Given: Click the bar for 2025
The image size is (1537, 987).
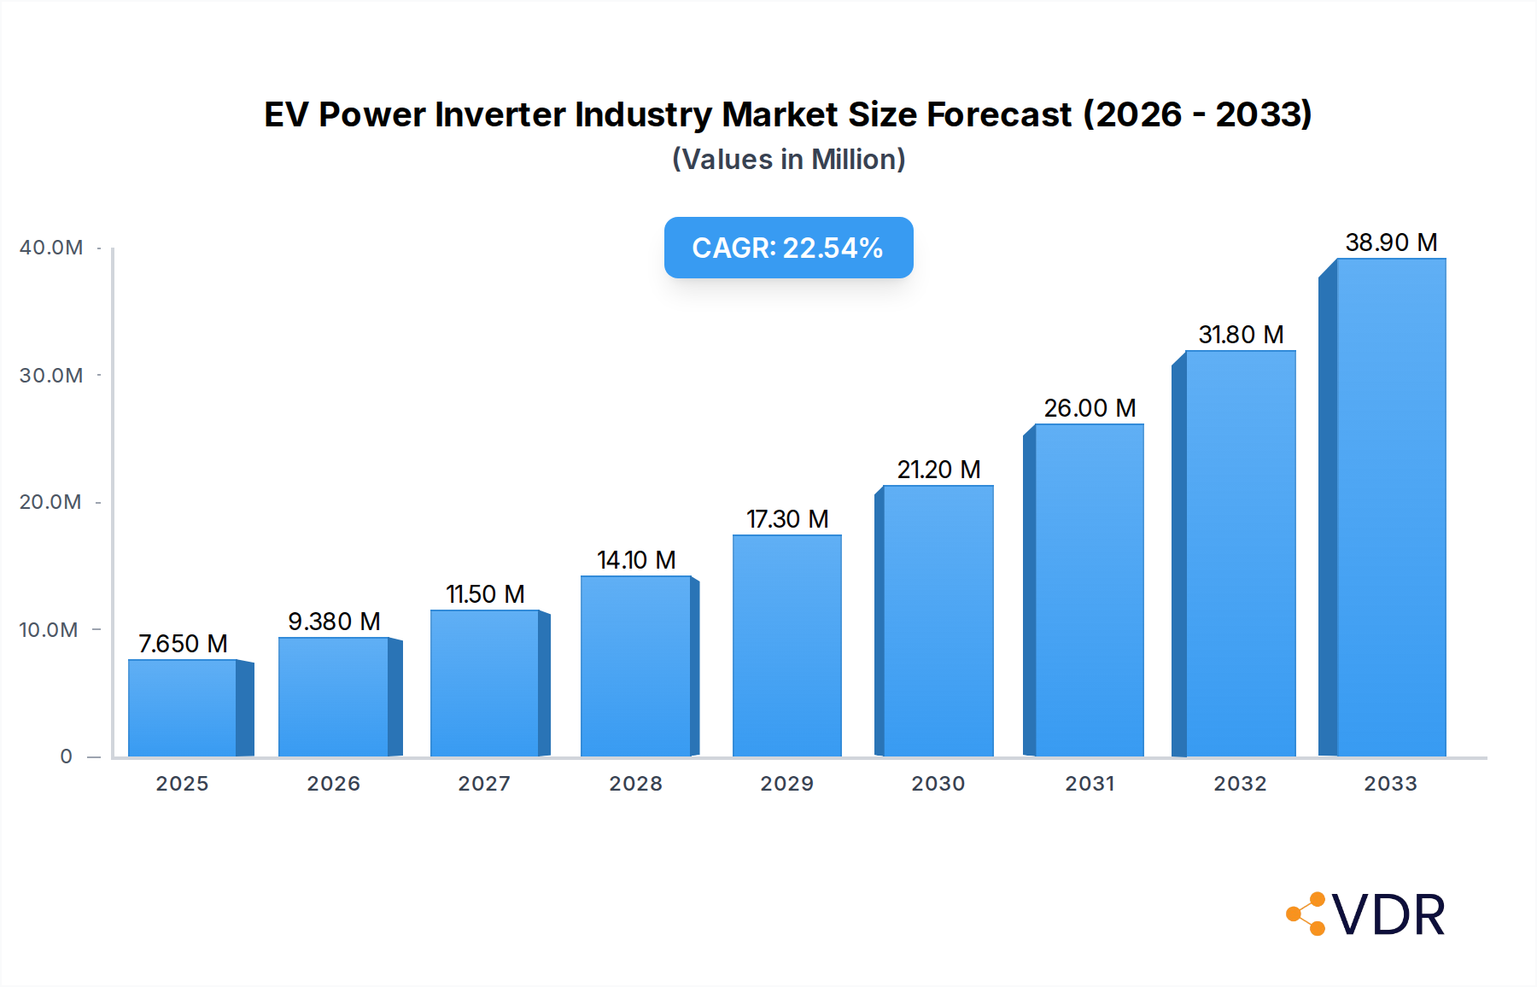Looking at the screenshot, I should click(183, 708).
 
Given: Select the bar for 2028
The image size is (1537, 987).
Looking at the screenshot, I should click(636, 666).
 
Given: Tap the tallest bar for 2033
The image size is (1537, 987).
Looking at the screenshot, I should click(1391, 508).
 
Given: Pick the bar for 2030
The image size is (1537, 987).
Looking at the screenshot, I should click(938, 621).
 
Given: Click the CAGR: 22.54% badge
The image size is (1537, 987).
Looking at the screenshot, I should click(788, 248).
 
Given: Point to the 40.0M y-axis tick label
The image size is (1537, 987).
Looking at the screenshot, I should click(51, 248).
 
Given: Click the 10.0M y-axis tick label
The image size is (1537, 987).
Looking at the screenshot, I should click(49, 630).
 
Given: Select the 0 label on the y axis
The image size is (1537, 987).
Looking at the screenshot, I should click(66, 756).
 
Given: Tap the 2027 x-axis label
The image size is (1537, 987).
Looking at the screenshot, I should click(484, 784).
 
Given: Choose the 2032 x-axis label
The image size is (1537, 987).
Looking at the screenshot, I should click(1240, 784).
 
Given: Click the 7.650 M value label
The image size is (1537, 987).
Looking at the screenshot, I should click(183, 644).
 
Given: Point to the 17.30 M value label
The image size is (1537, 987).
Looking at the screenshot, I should click(787, 519).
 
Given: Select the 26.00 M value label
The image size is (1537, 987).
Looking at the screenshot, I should click(1090, 408).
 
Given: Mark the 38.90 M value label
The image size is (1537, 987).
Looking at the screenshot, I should click(1391, 242).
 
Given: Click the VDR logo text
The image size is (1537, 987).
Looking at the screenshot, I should click(1388, 915).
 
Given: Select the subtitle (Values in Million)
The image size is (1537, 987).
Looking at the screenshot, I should click(788, 160).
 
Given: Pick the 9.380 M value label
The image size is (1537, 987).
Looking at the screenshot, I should click(334, 622).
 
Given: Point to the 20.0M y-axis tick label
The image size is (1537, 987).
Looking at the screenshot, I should click(50, 502).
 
